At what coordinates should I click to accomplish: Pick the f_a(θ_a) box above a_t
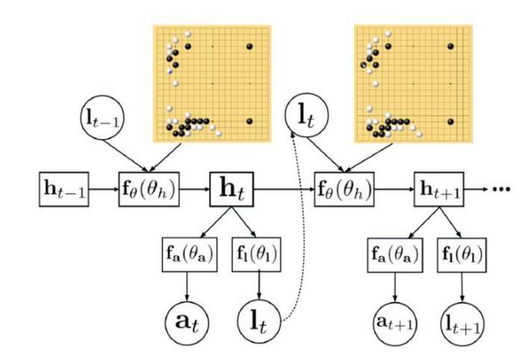point(188,259)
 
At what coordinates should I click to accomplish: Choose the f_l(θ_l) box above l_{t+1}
point(461,259)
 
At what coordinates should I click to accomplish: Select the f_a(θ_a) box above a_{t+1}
point(393,259)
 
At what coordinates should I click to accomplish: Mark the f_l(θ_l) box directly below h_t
point(256,259)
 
